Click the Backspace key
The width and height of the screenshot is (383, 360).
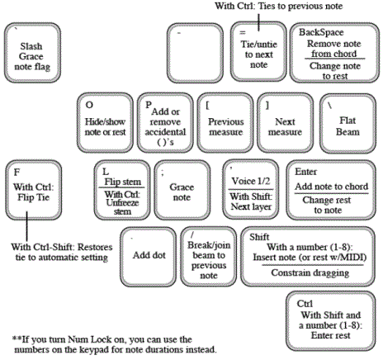(x=334, y=53)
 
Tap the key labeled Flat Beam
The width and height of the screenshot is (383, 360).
(x=348, y=123)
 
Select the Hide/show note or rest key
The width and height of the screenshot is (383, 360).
(x=105, y=123)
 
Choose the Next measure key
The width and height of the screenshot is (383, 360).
(x=285, y=123)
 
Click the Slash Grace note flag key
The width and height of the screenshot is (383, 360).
(x=32, y=53)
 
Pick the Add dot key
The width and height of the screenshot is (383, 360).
(x=148, y=257)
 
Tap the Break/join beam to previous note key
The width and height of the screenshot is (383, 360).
(x=209, y=257)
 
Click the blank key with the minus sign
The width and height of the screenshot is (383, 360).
(x=195, y=53)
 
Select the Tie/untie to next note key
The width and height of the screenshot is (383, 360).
(x=258, y=52)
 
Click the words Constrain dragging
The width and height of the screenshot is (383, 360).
(x=310, y=272)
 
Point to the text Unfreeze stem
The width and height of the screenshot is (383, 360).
(x=122, y=207)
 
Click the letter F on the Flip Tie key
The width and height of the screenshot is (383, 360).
(x=17, y=173)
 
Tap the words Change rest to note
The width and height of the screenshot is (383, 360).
(x=327, y=205)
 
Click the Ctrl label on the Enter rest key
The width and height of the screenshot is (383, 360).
(x=305, y=304)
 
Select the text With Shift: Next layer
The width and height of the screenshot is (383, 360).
(x=251, y=201)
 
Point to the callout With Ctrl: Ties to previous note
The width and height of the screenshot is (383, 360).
(x=279, y=6)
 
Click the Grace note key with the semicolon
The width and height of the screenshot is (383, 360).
(x=182, y=190)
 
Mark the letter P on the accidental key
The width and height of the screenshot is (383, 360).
(x=149, y=105)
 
